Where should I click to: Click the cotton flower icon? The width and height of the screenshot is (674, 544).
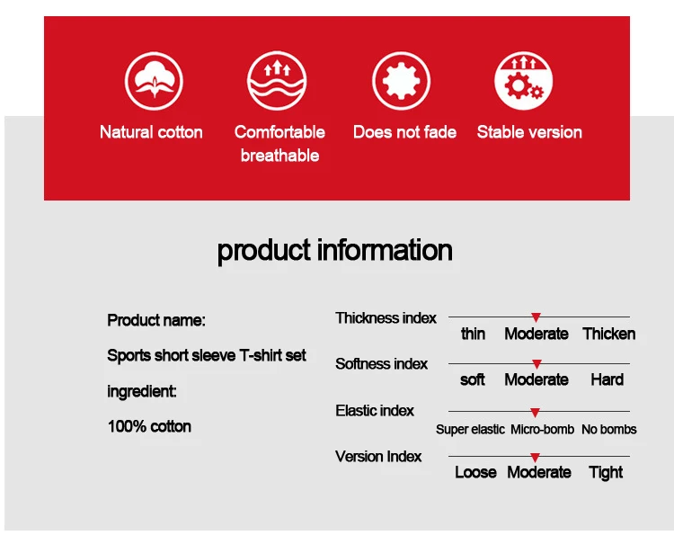(154, 81)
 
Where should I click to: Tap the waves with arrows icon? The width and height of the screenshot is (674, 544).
(277, 81)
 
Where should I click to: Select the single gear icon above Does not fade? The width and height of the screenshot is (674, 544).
(401, 81)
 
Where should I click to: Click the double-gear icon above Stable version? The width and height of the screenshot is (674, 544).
(524, 81)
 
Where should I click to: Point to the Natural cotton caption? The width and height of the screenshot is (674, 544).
(151, 132)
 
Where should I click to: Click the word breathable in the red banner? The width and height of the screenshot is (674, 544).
(279, 156)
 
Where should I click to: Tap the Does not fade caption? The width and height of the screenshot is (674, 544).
(404, 132)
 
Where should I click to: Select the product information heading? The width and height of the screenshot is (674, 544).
(335, 250)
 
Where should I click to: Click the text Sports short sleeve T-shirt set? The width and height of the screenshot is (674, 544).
(207, 356)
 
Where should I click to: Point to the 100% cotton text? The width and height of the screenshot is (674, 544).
(149, 426)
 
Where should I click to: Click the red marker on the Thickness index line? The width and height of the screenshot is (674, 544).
(536, 317)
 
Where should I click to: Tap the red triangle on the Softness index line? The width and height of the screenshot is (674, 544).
(537, 364)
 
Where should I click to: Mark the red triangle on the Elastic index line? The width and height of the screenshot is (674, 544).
(536, 413)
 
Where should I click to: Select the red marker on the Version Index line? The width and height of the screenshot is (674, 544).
(536, 458)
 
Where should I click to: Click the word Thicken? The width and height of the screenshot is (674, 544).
(609, 334)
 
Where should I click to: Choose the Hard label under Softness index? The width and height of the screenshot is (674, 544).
(607, 379)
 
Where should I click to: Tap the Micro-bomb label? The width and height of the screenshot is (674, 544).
(543, 429)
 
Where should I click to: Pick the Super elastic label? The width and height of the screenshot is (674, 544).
(470, 430)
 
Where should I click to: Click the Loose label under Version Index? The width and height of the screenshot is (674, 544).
(475, 472)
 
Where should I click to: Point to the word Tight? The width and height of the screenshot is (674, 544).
(606, 473)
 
